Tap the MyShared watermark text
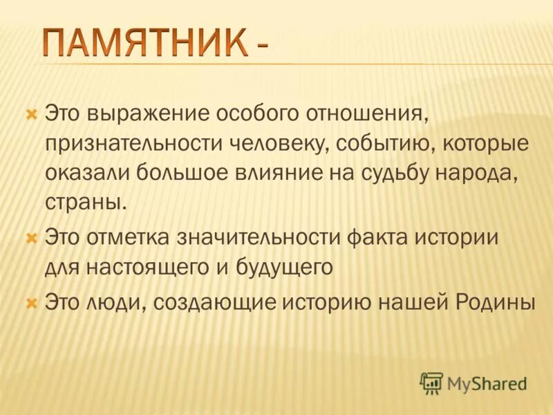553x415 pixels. click(x=487, y=382)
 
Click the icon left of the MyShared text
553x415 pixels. click(x=431, y=382)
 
